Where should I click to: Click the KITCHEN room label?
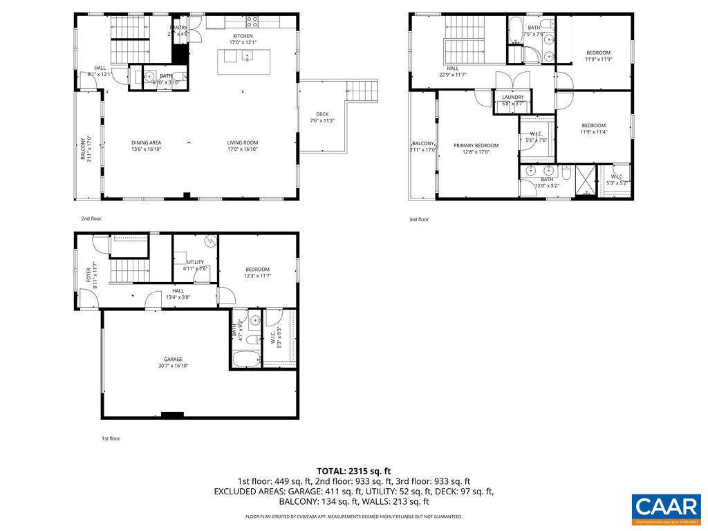click(243, 36)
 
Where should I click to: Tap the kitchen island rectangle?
click(243, 62)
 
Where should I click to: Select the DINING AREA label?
click(146, 143)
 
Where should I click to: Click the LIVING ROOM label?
click(242, 143)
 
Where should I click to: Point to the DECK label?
click(322, 115)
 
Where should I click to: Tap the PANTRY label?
click(178, 28)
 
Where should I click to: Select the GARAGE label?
click(173, 360)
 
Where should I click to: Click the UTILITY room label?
click(195, 262)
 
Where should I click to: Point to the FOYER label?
click(88, 275)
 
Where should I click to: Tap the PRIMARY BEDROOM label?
click(476, 146)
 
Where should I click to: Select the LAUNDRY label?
click(513, 97)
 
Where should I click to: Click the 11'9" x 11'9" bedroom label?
click(599, 53)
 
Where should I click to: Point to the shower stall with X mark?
click(584, 181)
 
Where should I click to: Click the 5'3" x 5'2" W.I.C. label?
click(617, 176)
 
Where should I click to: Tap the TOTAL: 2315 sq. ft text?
click(354, 471)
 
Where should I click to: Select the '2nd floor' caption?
click(91, 218)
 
